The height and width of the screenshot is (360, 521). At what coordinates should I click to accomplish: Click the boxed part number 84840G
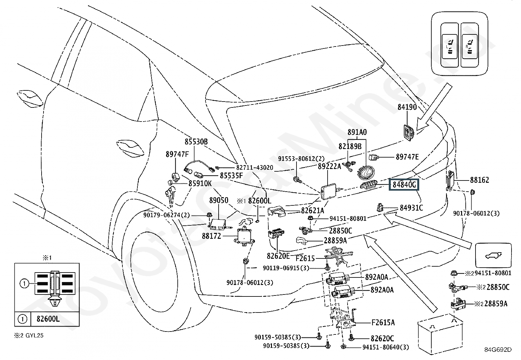404,185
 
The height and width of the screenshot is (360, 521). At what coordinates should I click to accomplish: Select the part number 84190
407,107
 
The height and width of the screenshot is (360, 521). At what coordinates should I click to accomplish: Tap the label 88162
479,180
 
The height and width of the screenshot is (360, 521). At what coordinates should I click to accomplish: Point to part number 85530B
196,142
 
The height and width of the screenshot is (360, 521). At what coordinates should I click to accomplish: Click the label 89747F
177,154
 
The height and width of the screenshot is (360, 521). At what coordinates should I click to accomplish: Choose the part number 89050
219,200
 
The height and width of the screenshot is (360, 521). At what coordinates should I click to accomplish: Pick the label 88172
211,236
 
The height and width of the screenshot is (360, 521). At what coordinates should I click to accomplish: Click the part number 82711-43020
255,167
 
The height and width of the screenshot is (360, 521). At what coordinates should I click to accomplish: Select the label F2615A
383,323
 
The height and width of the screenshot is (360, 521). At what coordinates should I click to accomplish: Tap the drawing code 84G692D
497,350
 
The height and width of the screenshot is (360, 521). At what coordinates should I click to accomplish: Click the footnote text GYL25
34,335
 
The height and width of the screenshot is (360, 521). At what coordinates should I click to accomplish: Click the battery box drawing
440,333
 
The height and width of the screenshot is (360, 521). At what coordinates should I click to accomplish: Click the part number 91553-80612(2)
301,159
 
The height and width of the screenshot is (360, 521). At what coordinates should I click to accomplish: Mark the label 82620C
382,338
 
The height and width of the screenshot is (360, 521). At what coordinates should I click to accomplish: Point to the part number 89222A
329,166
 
